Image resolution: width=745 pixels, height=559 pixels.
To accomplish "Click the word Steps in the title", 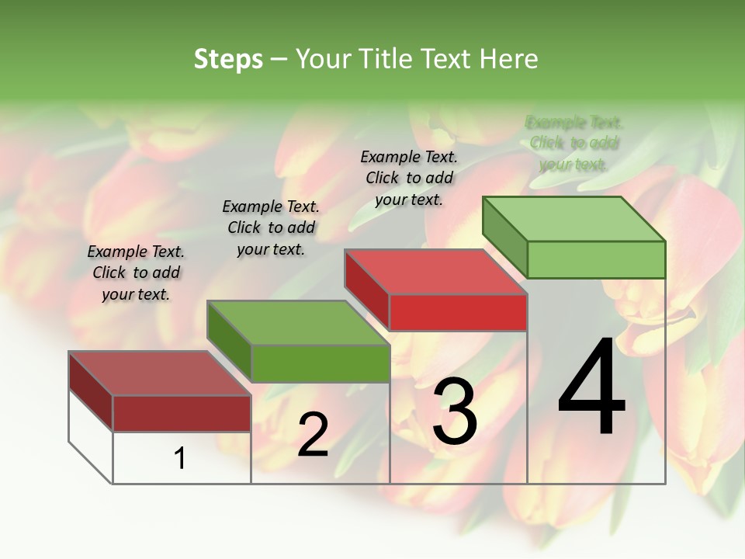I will point(228,59).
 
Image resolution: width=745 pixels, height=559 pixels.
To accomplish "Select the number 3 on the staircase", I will point(454,411).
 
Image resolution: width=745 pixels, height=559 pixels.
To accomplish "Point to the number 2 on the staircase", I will point(313,435).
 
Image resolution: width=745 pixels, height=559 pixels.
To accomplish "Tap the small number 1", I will point(179,458).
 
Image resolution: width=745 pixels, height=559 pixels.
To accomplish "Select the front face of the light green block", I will point(596,259).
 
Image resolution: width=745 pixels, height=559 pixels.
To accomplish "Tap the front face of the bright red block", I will point(458,312).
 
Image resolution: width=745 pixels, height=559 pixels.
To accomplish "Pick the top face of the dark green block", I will point(298,323).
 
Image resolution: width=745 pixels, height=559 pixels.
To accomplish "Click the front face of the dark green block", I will point(320,363).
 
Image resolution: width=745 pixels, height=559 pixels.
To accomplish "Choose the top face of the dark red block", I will point(160,373).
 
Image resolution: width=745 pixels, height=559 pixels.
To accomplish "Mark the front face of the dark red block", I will point(182,413).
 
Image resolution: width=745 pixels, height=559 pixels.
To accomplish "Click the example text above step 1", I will point(136,273).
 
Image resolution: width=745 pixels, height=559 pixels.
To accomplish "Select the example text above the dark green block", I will point(271,227).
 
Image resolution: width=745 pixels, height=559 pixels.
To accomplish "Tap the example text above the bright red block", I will point(409,178).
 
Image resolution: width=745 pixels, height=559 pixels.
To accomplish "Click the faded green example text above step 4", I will point(574,143).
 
